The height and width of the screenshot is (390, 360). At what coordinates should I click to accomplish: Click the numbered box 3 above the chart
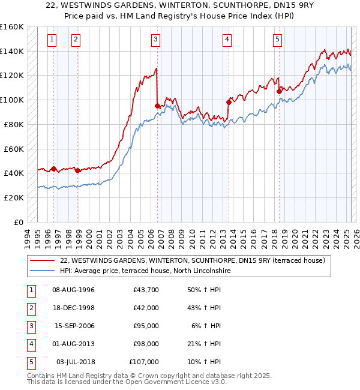pos(155,40)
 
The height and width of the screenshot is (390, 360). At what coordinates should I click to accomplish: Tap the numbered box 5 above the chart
pos(278,40)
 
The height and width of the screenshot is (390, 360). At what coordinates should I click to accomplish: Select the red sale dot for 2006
pos(158,106)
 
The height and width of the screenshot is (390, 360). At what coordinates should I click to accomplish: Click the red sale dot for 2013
pos(229,102)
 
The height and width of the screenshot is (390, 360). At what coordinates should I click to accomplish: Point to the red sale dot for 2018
pos(279,91)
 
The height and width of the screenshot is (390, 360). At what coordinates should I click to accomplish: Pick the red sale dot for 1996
pos(53,169)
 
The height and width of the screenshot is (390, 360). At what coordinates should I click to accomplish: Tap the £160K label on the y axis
pos(11,27)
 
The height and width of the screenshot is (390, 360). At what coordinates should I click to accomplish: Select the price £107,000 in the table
pos(144,362)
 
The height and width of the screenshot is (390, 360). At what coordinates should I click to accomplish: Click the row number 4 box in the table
pos(31,344)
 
